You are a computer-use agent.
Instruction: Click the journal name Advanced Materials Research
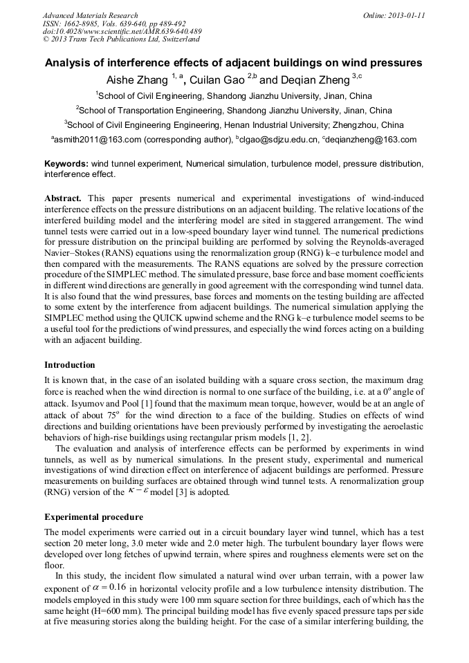90,15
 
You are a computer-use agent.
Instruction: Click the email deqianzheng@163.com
373,140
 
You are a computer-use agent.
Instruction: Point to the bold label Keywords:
66,164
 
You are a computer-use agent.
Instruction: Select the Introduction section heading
70,364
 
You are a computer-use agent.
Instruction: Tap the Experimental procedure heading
93,516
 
